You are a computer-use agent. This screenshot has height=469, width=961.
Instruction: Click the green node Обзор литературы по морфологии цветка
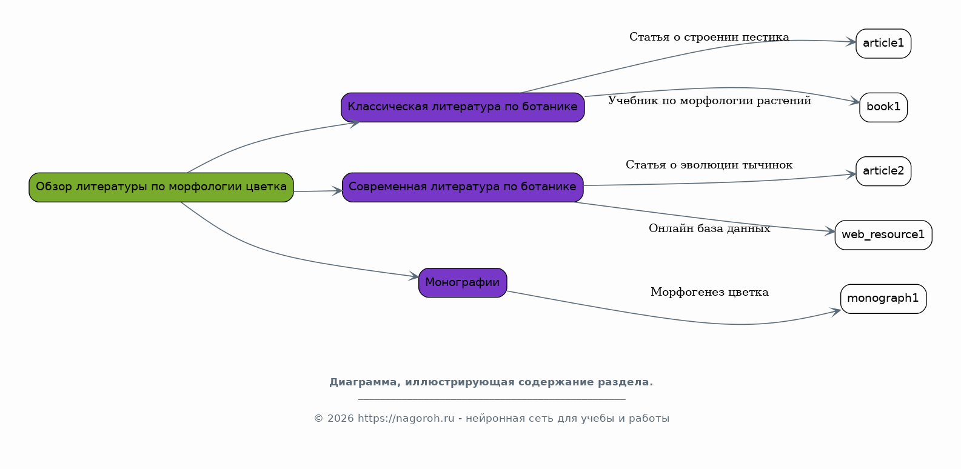coord(161,187)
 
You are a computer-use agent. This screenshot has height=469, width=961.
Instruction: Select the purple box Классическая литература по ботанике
coord(463,107)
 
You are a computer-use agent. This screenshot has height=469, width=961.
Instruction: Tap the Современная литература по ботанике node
coord(463,187)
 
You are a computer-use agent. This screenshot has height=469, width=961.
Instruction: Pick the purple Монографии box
coord(463,282)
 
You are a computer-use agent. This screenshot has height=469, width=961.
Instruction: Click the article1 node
coord(883,43)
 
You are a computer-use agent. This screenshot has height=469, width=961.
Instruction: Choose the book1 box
coord(883,107)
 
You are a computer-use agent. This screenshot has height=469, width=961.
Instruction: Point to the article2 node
coord(883,171)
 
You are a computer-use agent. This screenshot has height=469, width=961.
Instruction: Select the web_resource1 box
coord(883,235)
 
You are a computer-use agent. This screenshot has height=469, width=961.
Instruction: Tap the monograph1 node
coord(883,299)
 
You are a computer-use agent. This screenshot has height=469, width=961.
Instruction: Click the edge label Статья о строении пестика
coord(709,38)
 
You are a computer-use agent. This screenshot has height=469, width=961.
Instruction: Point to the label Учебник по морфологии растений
coord(709,101)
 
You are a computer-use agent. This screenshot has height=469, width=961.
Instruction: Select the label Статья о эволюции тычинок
coord(709,165)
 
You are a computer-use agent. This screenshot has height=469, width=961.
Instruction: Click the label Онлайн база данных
coord(709,228)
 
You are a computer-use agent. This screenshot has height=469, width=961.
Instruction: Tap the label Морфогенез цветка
coord(709,293)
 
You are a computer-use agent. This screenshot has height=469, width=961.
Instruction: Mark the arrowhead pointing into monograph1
coord(835,311)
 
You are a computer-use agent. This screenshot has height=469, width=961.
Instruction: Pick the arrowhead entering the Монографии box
coord(414,276)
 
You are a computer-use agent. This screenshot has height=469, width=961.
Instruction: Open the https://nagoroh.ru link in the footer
coord(406,419)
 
